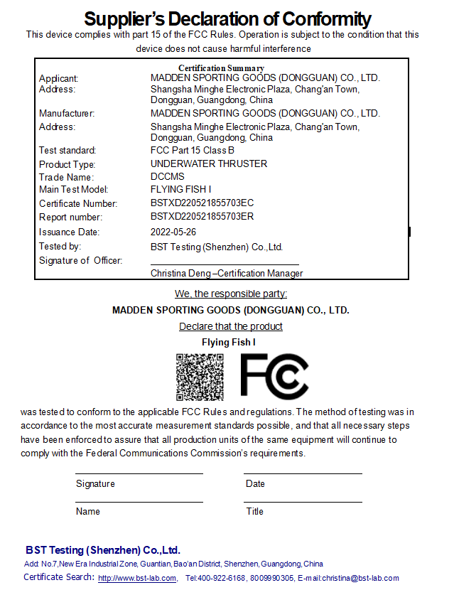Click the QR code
[200, 377]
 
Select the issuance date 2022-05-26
[173, 232]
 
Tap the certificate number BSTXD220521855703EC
[202, 203]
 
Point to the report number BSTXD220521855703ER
[202, 217]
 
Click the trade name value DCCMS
[167, 177]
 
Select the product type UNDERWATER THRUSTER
[209, 163]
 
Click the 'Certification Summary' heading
[221, 68]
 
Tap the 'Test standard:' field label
[67, 150]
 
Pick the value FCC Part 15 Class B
[192, 150]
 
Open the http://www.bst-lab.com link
[137, 578]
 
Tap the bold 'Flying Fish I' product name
[228, 342]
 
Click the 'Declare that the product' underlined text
[231, 326]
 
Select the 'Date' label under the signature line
[255, 483]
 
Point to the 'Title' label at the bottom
[254, 511]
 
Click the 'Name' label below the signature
[88, 511]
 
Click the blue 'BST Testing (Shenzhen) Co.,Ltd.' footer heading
[103, 550]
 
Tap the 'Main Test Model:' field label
[74, 190]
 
